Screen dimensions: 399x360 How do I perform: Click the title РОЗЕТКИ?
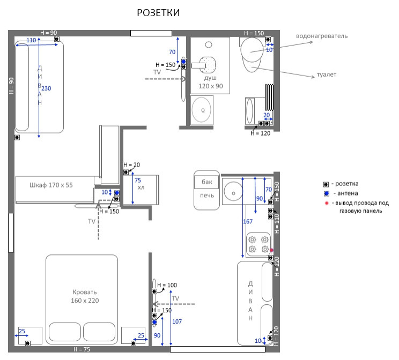pos(158,13)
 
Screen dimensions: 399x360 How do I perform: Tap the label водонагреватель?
pos(322,36)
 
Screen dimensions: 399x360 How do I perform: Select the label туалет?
pos(327,75)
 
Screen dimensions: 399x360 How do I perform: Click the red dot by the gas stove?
pos(271,250)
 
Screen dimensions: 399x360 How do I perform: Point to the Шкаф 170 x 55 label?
pos(51,185)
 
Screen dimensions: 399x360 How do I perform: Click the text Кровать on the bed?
pos(85,292)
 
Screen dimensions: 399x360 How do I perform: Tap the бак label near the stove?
pos(207,182)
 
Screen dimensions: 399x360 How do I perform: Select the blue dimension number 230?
pos(46,88)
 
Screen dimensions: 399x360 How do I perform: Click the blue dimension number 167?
pos(248,222)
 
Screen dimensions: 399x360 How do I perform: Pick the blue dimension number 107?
pos(177,321)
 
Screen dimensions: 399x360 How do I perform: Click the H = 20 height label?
pos(131,165)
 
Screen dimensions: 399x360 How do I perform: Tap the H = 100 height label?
pos(167,285)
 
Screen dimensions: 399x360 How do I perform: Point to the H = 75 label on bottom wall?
pos(82,349)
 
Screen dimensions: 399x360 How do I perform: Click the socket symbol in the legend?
pos(326,184)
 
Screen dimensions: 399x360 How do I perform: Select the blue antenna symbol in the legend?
pos(327,194)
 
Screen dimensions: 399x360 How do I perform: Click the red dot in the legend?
pos(327,203)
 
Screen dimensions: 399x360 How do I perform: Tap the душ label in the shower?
pos(210,78)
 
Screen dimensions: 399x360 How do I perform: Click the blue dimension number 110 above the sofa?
pos(31,40)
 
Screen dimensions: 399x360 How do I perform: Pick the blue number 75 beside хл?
pos(138,180)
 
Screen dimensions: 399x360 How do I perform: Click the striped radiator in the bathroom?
pos(269,97)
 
